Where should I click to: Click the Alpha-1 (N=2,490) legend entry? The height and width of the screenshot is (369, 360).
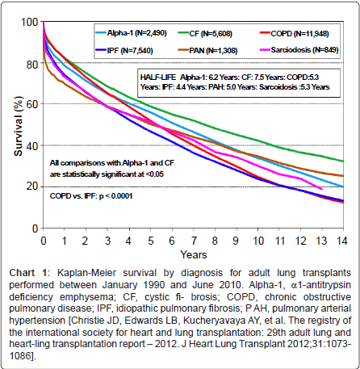click(132, 33)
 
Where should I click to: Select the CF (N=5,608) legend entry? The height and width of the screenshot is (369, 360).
click(205, 34)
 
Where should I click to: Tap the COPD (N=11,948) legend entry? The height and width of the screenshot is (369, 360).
click(295, 34)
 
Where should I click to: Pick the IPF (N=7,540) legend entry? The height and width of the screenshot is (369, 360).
click(124, 50)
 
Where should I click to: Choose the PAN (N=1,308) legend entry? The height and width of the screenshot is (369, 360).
click(208, 50)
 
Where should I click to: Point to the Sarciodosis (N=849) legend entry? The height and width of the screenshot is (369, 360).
click(299, 50)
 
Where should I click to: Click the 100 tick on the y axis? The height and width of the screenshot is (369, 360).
click(30, 22)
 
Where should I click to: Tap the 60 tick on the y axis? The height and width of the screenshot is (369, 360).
click(32, 104)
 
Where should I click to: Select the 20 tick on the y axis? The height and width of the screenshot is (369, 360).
click(32, 187)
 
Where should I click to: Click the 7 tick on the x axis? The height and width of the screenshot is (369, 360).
click(194, 241)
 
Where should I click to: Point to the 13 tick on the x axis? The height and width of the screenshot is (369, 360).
click(321, 241)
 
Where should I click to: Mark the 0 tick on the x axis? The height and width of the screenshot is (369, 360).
click(44, 241)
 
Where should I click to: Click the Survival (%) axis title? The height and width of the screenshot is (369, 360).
click(19, 126)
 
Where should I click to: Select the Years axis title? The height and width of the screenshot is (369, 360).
click(194, 254)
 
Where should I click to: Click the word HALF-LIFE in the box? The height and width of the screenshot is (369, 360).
click(158, 78)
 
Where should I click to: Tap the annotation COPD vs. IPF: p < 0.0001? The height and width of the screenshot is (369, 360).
click(91, 196)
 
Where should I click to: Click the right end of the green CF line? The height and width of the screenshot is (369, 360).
click(343, 161)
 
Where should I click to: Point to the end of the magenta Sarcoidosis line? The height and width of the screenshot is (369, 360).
click(322, 189)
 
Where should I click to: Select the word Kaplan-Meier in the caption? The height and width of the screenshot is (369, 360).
click(86, 273)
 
